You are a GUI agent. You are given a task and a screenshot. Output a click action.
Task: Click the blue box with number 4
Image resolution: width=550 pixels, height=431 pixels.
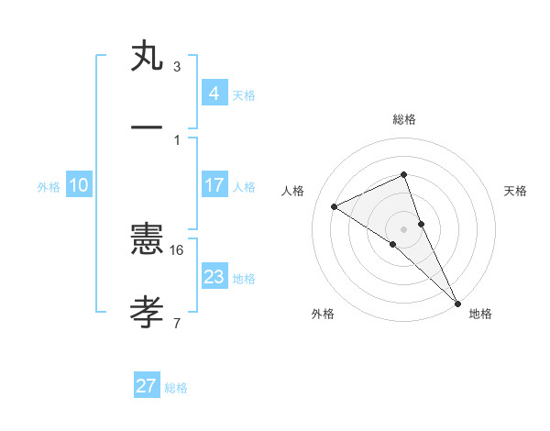[214, 93]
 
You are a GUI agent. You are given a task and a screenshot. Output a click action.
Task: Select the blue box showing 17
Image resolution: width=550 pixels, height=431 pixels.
[214, 185]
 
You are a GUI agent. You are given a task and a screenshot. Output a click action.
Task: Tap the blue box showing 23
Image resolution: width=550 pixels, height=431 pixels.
[214, 277]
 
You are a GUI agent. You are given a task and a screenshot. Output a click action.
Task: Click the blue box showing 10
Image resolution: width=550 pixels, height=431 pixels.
[78, 185]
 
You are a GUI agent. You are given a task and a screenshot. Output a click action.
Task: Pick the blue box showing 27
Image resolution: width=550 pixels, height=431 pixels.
[147, 386]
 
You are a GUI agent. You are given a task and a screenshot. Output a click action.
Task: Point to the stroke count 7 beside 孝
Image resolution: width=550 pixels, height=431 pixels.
[177, 322]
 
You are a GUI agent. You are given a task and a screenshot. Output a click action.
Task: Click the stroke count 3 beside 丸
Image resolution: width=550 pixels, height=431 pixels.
[177, 66]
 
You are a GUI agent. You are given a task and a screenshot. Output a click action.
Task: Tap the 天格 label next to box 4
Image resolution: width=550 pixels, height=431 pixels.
[244, 94]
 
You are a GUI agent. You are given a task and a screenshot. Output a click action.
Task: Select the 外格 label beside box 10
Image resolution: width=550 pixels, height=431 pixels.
[49, 186]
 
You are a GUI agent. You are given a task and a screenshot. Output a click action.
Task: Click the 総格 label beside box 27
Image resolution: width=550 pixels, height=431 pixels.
[176, 388]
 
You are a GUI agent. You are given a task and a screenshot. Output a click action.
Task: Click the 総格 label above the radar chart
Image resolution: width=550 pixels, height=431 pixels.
[404, 119]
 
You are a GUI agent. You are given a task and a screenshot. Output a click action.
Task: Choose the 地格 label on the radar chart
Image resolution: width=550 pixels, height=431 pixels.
[480, 315]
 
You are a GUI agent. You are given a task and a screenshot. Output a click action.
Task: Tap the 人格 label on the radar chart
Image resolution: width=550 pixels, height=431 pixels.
[293, 191]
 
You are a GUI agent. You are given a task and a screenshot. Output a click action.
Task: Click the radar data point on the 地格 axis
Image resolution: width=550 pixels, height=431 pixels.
[457, 303]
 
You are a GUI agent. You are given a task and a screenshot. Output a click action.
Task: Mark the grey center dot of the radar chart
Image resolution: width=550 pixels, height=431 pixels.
[404, 228]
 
